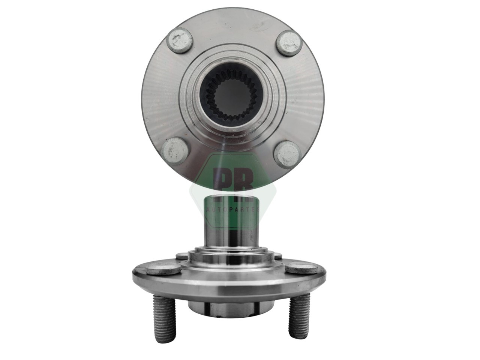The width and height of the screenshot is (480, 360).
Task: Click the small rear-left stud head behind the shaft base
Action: (181, 255)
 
